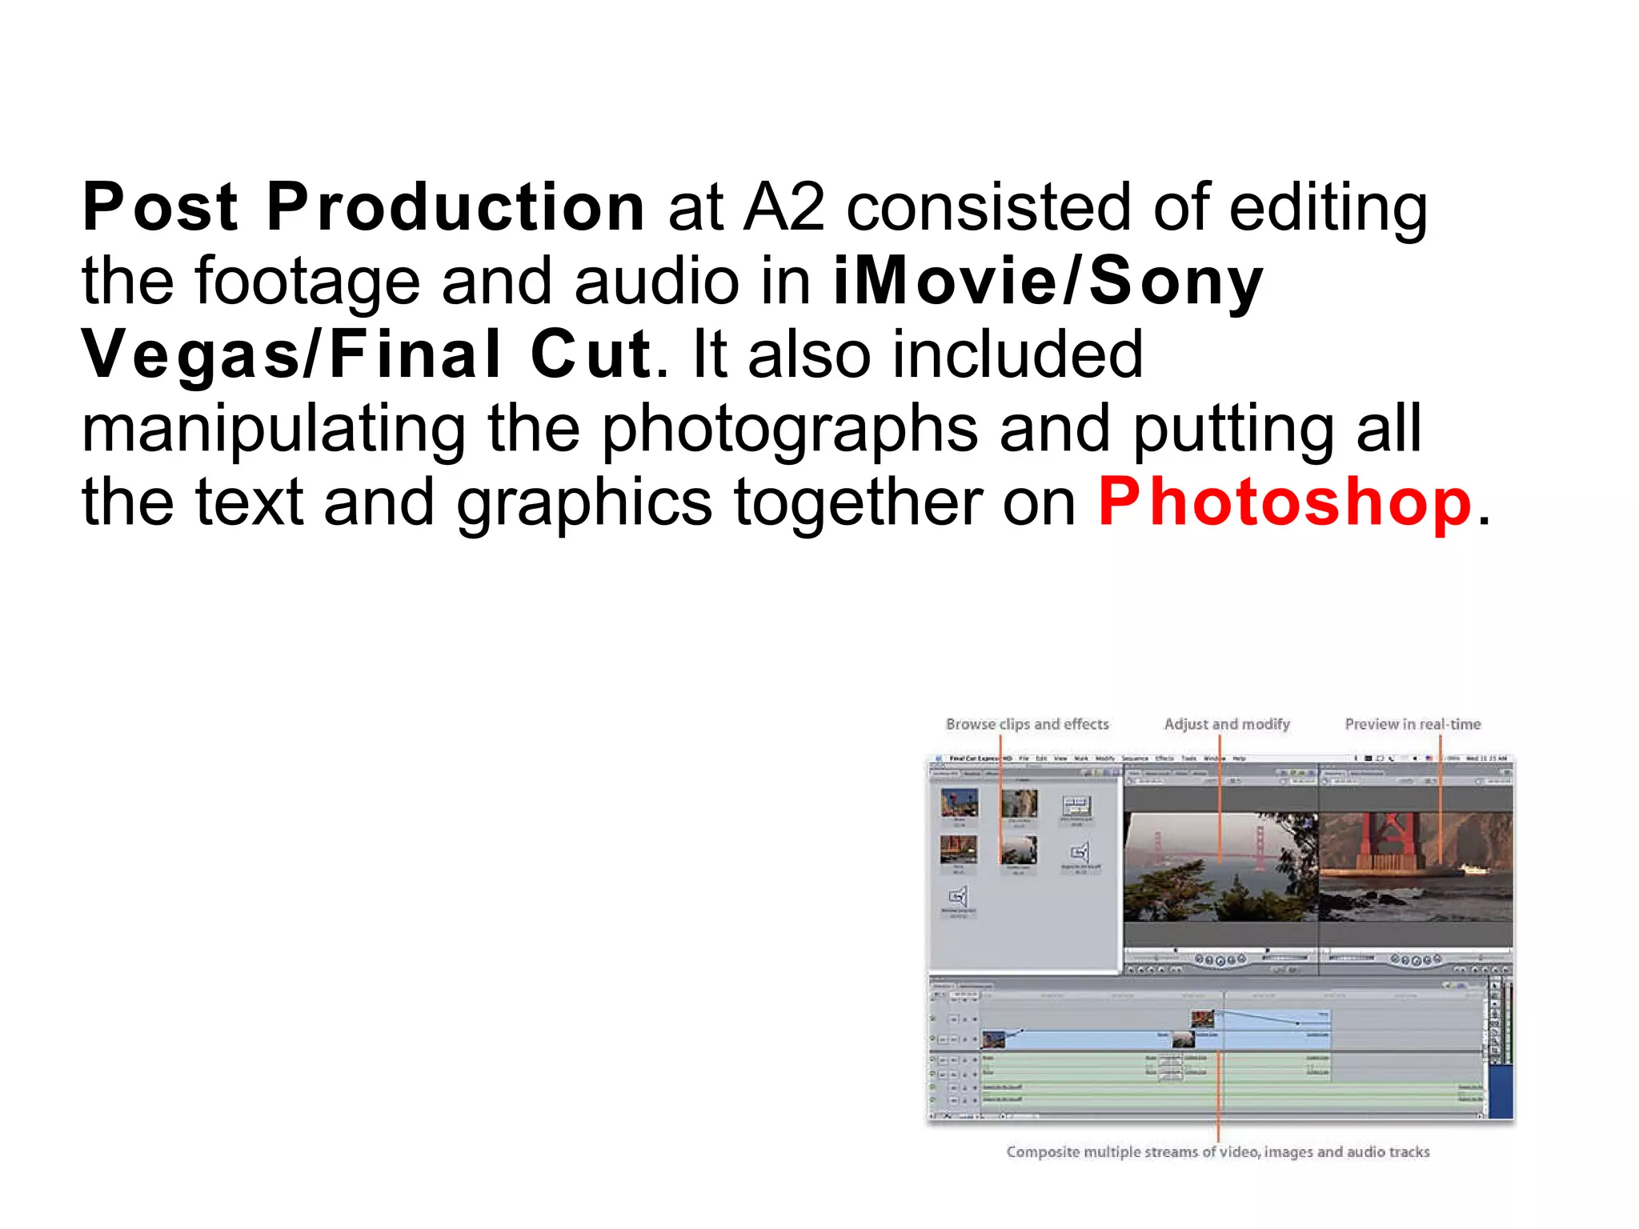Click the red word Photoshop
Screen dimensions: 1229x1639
(1284, 502)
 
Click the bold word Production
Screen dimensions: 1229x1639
(455, 207)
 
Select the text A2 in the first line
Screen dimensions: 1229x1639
(783, 207)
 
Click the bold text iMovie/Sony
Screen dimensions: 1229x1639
(1048, 282)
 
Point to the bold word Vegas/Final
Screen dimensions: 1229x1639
(292, 355)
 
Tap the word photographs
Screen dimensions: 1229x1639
(789, 430)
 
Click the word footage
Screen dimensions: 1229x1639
(307, 282)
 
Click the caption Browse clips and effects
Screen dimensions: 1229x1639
(1028, 724)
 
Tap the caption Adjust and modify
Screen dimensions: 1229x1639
(1227, 724)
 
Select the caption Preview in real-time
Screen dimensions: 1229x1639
(1413, 724)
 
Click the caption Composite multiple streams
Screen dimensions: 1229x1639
(1217, 1152)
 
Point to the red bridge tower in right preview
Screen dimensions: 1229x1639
(1393, 840)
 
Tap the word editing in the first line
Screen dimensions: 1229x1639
(1328, 207)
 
